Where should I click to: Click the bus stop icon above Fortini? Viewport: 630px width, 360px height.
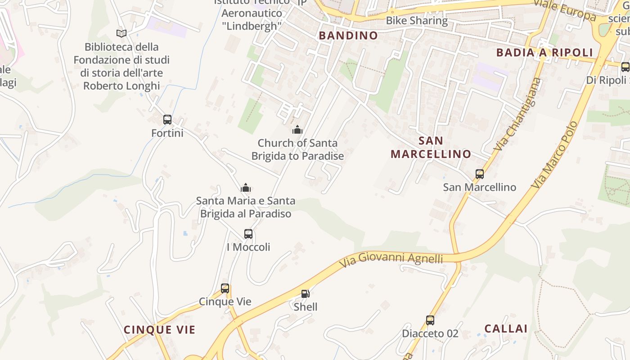(167, 120)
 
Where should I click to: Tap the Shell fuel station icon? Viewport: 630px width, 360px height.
(305, 294)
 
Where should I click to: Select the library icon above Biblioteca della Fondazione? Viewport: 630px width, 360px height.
(121, 33)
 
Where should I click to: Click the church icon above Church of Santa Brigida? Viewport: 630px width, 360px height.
(297, 130)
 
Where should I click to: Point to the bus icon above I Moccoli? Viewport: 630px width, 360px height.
(248, 234)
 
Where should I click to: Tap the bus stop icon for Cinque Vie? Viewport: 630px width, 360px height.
(225, 288)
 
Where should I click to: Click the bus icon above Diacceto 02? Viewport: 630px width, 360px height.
(430, 320)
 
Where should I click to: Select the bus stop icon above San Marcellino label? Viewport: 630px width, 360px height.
(480, 174)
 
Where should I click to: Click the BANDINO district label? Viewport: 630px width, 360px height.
(348, 36)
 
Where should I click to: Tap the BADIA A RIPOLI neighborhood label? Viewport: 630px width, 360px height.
(544, 53)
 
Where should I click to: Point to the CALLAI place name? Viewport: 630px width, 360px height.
(506, 328)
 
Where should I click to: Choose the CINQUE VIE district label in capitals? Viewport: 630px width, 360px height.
(160, 330)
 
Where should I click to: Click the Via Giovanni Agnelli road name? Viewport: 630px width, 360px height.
(391, 259)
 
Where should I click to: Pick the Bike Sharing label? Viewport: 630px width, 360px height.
(417, 21)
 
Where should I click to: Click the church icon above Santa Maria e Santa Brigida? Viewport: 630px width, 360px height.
(246, 188)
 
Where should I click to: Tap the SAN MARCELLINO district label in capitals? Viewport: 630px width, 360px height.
(431, 147)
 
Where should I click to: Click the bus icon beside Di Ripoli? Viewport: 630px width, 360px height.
(625, 67)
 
